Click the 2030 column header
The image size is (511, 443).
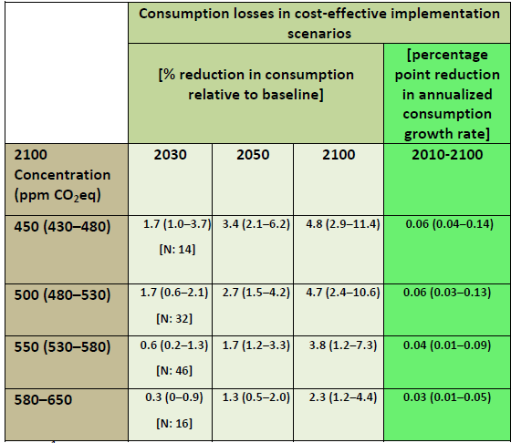(170, 155)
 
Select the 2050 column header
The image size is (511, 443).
(253, 155)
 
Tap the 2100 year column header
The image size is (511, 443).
(339, 155)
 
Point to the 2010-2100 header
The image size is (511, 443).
(447, 155)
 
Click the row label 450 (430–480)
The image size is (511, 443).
(62, 227)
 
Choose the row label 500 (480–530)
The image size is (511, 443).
(62, 295)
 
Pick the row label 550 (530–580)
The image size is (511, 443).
(62, 347)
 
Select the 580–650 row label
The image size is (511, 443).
(43, 400)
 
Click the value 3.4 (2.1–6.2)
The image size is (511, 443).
(255, 224)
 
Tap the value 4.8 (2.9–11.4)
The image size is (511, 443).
(343, 224)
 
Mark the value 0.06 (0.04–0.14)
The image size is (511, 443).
(449, 224)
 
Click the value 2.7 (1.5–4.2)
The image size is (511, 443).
(255, 293)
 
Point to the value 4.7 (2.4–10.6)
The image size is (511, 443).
(343, 293)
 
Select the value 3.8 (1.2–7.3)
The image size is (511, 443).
(343, 345)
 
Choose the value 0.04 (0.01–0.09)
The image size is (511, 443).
(447, 345)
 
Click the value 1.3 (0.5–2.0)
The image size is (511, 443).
(255, 397)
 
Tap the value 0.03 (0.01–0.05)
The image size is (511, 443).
(447, 397)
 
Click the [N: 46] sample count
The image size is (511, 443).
(174, 371)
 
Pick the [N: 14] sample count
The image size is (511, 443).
(177, 250)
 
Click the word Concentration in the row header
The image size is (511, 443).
(62, 175)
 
